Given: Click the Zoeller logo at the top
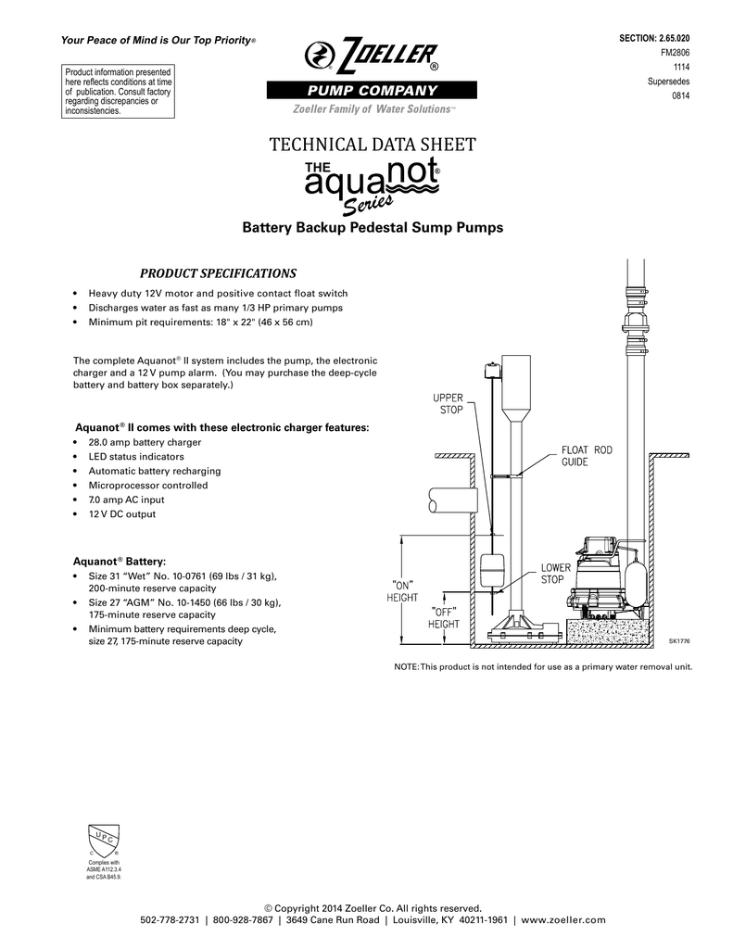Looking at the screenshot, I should click(371, 55).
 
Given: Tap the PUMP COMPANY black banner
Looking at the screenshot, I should click(371, 90).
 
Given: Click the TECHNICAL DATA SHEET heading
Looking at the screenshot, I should click(372, 145).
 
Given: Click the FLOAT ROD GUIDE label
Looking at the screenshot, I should click(587, 456).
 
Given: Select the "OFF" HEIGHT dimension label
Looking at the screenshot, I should click(443, 618).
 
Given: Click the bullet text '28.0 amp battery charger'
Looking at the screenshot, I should click(144, 443).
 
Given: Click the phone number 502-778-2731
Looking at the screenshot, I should click(172, 919).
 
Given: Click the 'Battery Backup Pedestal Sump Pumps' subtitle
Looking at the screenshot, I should click(372, 227).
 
